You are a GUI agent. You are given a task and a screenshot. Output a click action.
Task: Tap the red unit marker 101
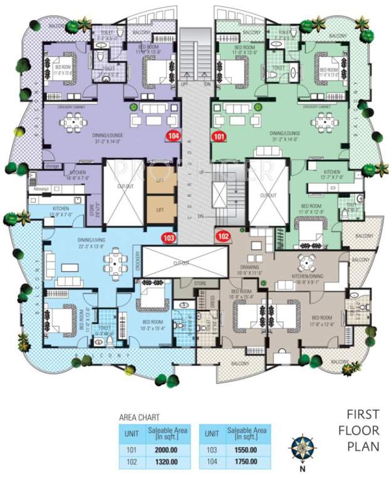click(219, 136)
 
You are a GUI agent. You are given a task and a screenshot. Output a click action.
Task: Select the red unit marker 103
click(168, 238)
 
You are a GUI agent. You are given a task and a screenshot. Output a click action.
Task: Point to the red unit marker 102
click(224, 236)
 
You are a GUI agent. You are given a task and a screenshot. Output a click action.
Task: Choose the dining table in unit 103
click(113, 259)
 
